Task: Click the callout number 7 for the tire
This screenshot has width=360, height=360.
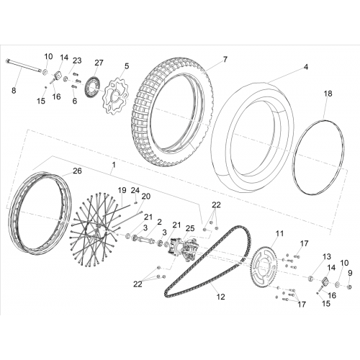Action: pos(225,59)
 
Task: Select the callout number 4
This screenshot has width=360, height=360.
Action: pos(305,67)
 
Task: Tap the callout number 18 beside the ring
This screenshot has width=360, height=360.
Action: pos(328,94)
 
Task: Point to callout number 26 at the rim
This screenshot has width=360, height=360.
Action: pos(77,171)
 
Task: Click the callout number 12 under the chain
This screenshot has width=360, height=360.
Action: pos(220,297)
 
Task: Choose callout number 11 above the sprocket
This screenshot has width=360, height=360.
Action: pos(279,233)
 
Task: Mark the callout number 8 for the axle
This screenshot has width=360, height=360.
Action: pos(14,91)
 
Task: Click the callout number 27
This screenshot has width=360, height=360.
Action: pos(99,63)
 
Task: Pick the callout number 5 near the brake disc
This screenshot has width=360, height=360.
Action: pos(127,66)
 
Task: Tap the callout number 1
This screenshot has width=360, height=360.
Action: pos(114,165)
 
